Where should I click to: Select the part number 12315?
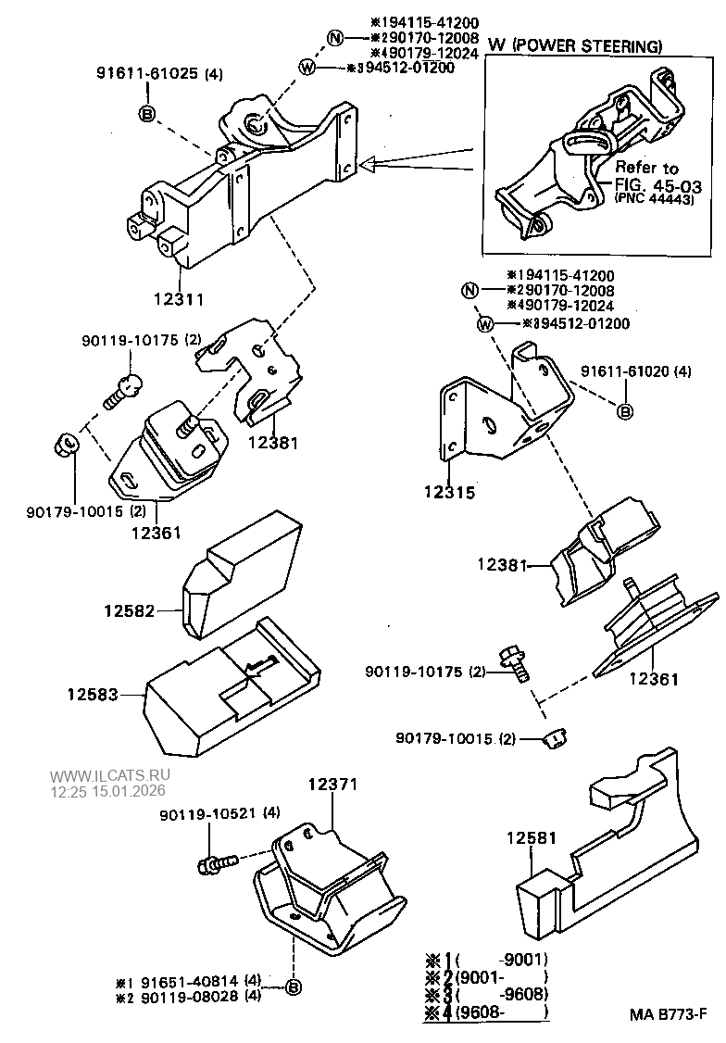coord(449,493)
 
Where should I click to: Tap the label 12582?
coord(129,610)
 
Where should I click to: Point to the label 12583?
coord(93,693)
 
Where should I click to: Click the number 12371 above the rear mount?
coord(332,785)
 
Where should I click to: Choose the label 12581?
coord(532,837)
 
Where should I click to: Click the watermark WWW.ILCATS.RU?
coord(110,776)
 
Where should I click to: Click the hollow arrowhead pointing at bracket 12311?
coord(369,166)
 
